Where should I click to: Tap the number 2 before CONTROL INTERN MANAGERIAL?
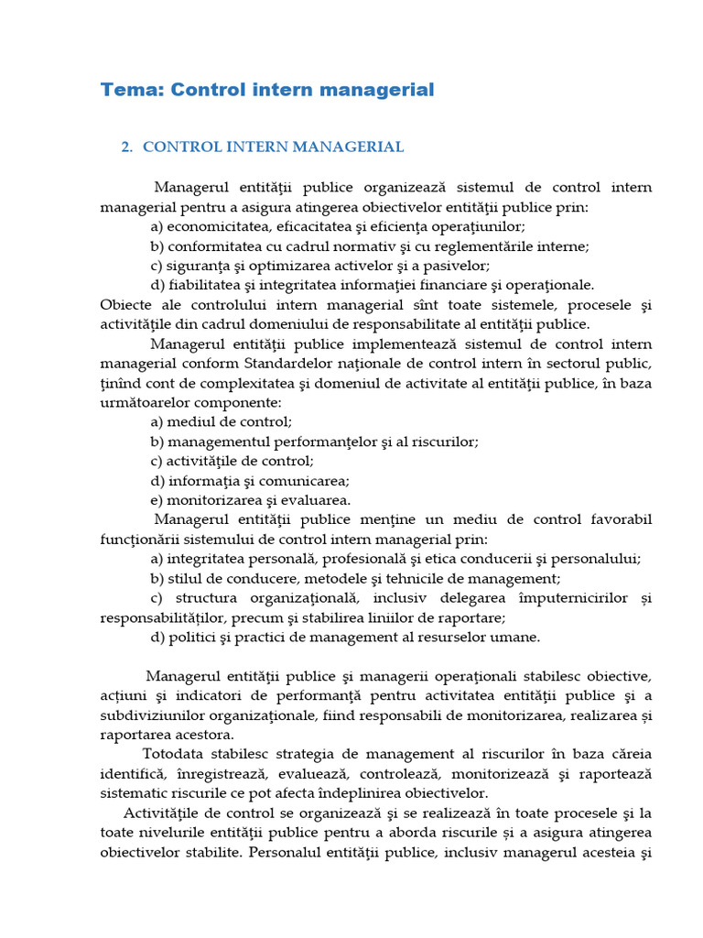pyautogui.click(x=126, y=147)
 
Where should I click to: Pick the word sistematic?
pyautogui.click(x=132, y=793)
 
